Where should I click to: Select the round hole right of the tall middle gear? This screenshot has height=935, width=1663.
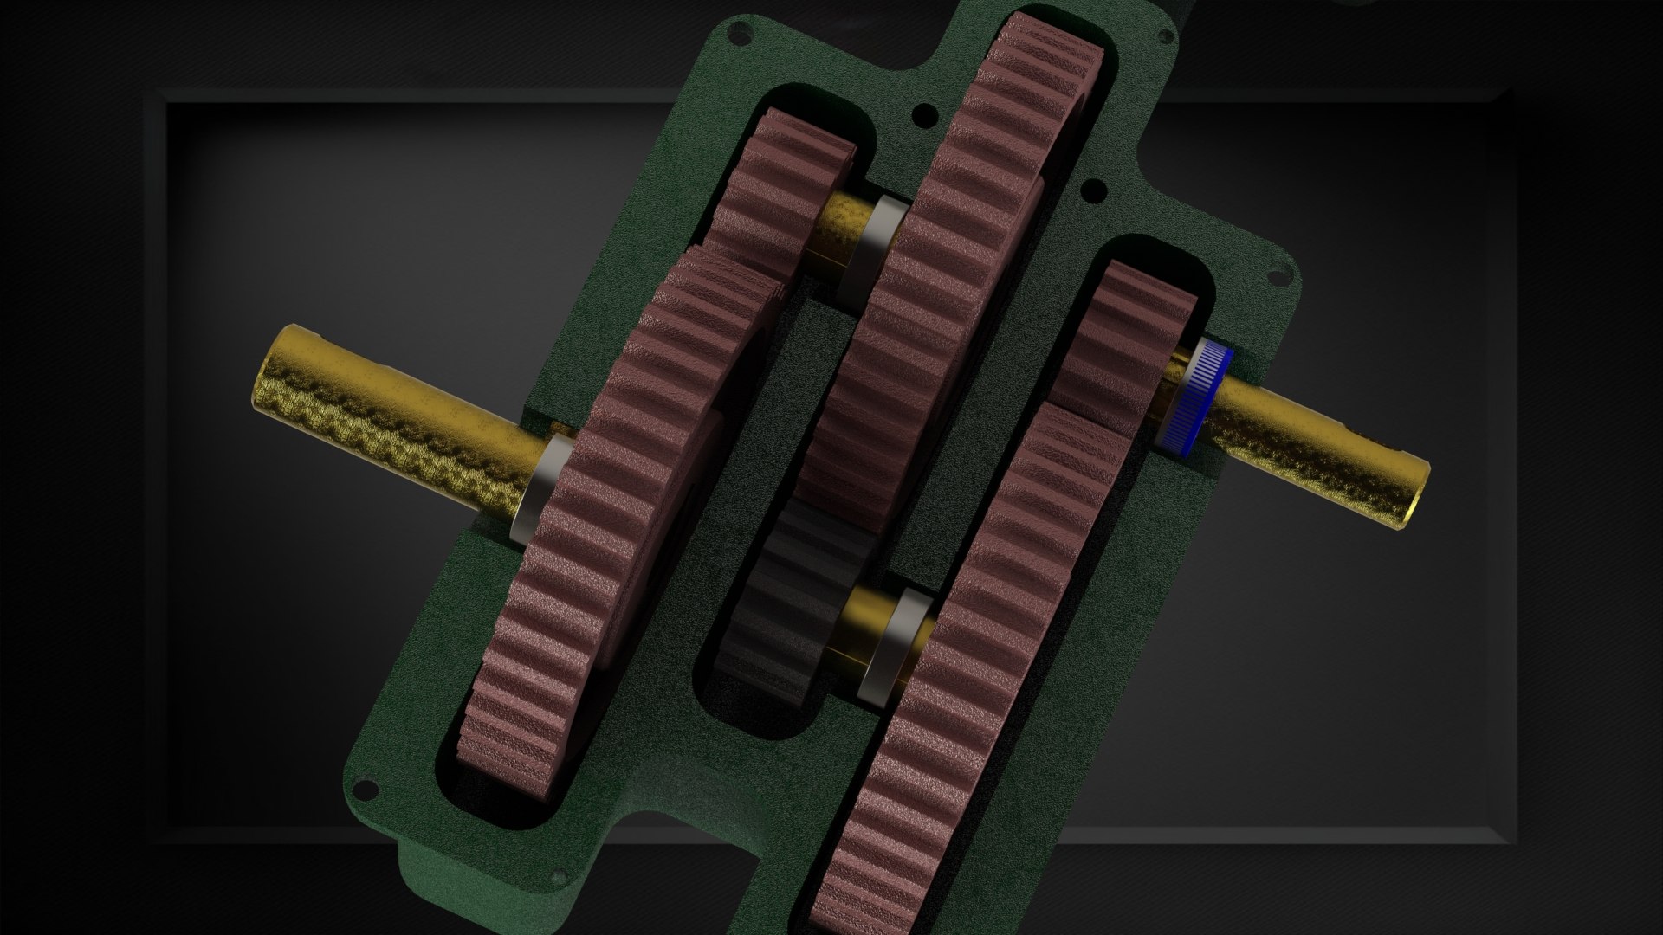[1094, 187]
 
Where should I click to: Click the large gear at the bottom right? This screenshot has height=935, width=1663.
[961, 693]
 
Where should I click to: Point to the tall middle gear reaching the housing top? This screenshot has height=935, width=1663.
[961, 260]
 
